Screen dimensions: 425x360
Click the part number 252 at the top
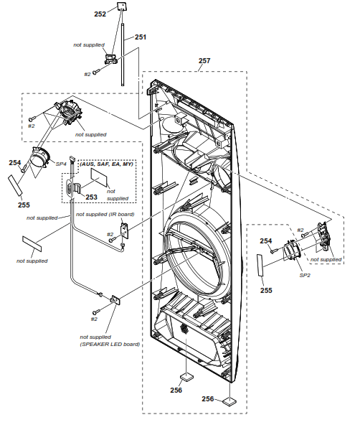click(100, 14)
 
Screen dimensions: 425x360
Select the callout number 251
click(141, 37)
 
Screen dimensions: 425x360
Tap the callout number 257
click(204, 62)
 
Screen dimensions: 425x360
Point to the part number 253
click(91, 197)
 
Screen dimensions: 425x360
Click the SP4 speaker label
click(62, 164)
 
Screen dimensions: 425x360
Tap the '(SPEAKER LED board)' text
click(110, 344)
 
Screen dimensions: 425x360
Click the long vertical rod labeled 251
click(125, 57)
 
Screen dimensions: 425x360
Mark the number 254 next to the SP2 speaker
click(265, 240)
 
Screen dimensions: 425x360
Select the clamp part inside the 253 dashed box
click(71, 189)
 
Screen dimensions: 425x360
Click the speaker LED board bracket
click(115, 302)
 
